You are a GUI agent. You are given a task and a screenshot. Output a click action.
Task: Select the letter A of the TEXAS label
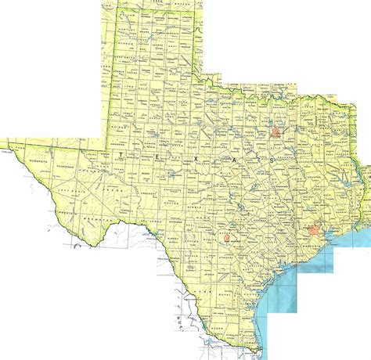pos(234,159)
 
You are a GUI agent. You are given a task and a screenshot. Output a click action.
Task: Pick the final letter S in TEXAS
pos(271,160)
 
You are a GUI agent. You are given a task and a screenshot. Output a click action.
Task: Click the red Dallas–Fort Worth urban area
pos(275,132)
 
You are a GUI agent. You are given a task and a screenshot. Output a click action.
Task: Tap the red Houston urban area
pos(315,231)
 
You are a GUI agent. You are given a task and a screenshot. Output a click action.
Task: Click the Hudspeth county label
pos(31,164)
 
